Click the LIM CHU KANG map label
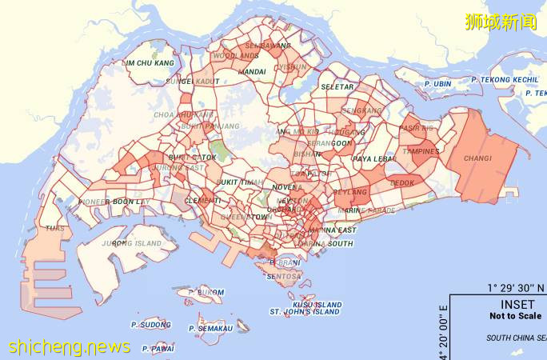[150, 63]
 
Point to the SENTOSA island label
[285, 276]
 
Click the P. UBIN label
[437, 82]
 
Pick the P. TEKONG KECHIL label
[505, 80]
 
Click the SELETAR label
[337, 86]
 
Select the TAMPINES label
[421, 151]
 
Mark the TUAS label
[55, 228]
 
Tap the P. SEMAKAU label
[211, 328]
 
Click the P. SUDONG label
[151, 326]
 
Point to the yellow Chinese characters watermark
[501, 22]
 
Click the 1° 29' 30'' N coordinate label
[517, 287]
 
